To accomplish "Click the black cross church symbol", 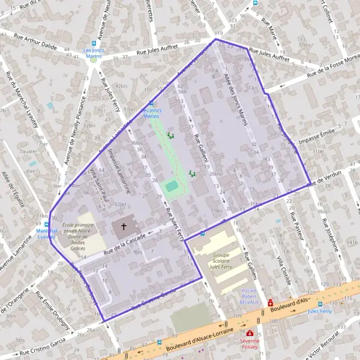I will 124,227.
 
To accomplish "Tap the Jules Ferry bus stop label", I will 319,311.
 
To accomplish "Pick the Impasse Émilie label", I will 316,133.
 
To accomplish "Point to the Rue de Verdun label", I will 325,176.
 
